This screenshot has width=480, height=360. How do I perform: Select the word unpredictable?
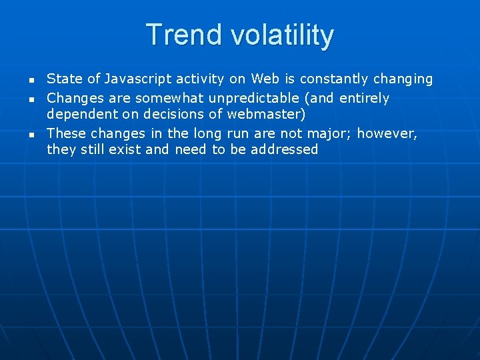[x=254, y=99]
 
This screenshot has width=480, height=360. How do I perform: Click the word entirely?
[x=365, y=99]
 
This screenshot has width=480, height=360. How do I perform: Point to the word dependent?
[x=77, y=114]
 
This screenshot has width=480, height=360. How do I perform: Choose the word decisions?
[x=165, y=114]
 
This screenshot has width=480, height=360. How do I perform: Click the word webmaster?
[x=260, y=114]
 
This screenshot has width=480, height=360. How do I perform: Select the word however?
[x=387, y=133]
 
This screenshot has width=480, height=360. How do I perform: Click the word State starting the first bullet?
[x=63, y=79]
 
